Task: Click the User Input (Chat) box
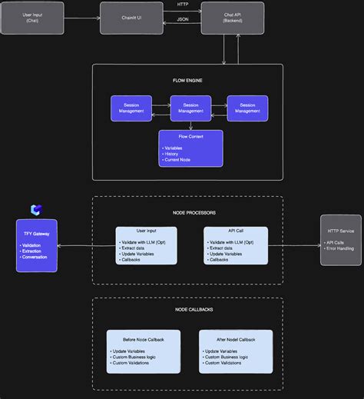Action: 32,18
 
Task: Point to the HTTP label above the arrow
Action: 182,5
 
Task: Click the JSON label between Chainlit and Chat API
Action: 182,18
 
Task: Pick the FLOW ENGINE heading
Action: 187,80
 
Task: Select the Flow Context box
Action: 190,148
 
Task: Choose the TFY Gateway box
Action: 37,245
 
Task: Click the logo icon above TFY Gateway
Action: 36,210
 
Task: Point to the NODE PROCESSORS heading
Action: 187,212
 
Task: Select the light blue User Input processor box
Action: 146,245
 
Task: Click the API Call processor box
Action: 236,245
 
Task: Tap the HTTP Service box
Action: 340,240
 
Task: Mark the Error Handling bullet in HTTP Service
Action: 341,248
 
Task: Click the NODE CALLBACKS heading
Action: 187,309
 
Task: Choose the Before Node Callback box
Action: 143,351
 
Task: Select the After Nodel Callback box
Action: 235,351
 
